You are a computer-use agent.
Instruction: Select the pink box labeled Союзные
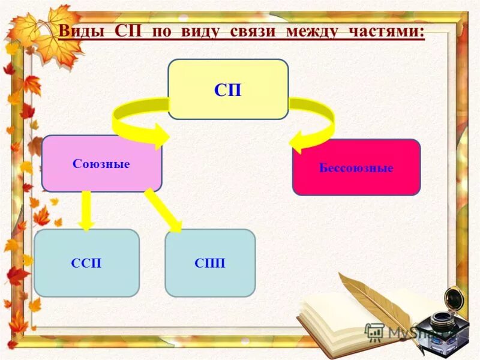click(101, 163)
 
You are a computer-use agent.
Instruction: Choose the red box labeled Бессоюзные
click(356, 167)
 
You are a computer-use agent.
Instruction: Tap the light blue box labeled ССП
click(86, 263)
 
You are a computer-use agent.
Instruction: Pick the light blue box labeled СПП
click(210, 263)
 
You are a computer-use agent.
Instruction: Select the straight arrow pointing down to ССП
click(86, 211)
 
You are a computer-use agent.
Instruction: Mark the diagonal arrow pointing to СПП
click(164, 211)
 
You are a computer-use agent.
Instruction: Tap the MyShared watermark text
click(414, 332)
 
